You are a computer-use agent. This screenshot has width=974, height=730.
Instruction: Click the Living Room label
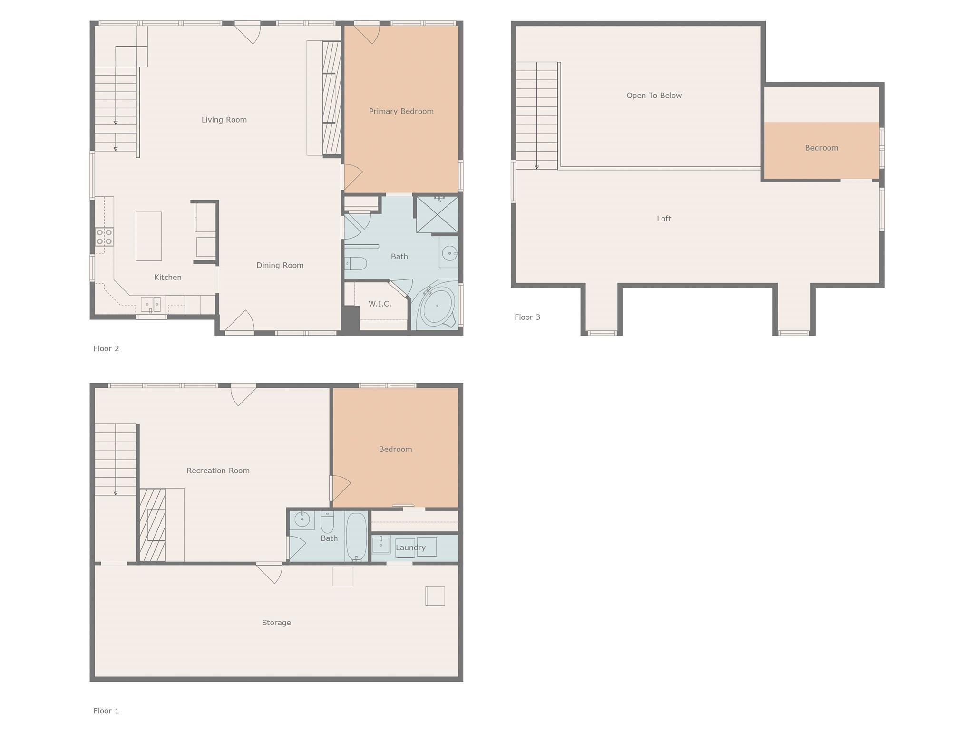(224, 120)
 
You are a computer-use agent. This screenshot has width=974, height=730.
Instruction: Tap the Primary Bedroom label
(401, 111)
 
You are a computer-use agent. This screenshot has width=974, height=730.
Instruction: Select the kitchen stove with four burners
(104, 237)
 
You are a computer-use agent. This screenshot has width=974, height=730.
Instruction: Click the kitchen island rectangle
(148, 236)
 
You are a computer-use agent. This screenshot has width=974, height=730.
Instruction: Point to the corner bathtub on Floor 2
(437, 306)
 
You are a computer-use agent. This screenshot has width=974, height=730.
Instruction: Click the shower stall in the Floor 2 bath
(437, 214)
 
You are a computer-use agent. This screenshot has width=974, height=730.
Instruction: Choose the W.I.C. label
(380, 304)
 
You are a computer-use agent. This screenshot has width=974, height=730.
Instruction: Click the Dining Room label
(280, 265)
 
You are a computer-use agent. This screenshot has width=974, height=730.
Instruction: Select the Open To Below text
(654, 96)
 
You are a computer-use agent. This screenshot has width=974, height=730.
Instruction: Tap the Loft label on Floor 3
(663, 219)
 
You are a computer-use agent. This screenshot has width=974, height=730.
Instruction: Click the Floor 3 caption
(527, 317)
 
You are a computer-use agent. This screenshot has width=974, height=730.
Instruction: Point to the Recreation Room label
(218, 471)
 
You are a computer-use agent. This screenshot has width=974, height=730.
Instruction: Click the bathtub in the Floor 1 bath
(356, 536)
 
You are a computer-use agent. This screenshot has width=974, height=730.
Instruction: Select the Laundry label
(410, 547)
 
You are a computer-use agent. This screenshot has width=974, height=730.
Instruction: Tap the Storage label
(276, 623)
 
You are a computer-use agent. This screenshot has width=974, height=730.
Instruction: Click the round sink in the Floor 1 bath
(302, 519)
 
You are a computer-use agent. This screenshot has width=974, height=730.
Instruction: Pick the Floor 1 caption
(106, 711)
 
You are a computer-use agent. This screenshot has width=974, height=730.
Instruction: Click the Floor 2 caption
(106, 348)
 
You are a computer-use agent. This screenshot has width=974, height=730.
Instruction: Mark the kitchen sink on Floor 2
(150, 304)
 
